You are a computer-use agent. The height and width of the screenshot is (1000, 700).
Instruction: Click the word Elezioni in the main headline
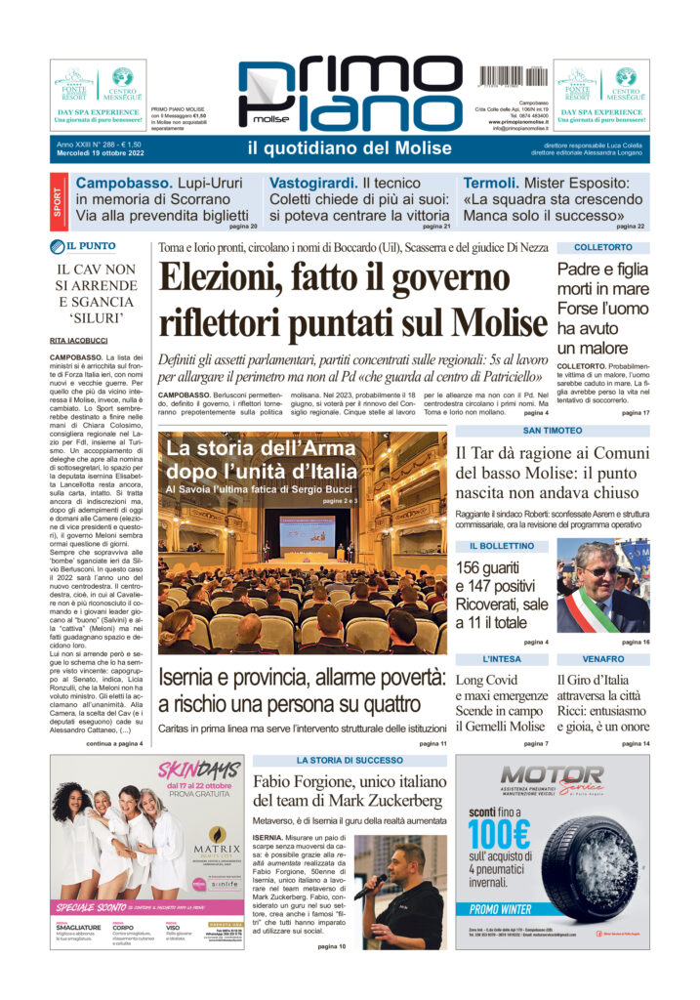[222, 278]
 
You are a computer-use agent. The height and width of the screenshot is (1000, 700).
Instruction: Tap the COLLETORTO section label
[602, 248]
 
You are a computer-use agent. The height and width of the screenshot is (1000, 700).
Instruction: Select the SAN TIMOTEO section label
[553, 430]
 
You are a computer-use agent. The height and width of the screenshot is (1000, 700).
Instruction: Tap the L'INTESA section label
[501, 659]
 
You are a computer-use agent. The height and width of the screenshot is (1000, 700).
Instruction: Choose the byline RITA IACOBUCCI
[79, 340]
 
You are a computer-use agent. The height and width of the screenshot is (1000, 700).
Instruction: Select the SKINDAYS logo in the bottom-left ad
[199, 770]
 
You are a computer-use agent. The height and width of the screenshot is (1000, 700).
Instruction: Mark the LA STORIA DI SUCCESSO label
[350, 759]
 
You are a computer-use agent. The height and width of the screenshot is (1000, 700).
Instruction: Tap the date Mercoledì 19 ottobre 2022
[103, 153]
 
